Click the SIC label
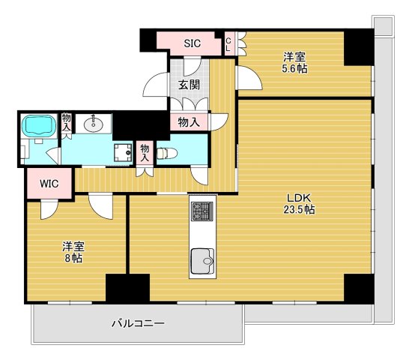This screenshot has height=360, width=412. coord(192,43)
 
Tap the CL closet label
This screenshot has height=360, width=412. coord(228,44)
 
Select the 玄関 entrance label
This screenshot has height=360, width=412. coord(189,85)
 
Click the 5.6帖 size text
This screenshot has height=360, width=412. coord(294,69)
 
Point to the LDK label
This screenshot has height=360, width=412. coord(299,197)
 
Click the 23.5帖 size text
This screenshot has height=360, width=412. coord(299,210)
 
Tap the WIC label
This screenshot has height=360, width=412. coord(49,184)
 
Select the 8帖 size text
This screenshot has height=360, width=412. coord(73,259)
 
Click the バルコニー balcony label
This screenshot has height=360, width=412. coord(138,323)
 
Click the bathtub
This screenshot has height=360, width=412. coord(39,125)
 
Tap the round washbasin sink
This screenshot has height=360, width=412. coord(94,124)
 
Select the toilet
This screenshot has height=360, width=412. coord(167,154)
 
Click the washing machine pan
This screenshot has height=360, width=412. coord(123,152)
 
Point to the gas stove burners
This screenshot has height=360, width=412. coord(202,211)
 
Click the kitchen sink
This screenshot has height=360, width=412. coord(202,261)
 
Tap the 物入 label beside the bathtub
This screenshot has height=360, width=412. coord(66,122)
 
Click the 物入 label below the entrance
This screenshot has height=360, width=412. coord(189,122)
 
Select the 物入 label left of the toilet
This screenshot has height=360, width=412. coord(145,153)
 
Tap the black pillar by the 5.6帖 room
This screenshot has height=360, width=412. coord(359,47)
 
